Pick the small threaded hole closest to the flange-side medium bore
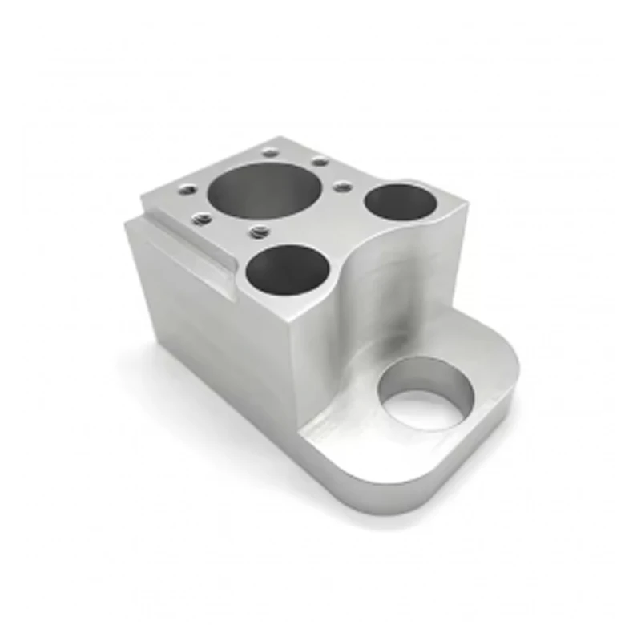click(342, 187)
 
